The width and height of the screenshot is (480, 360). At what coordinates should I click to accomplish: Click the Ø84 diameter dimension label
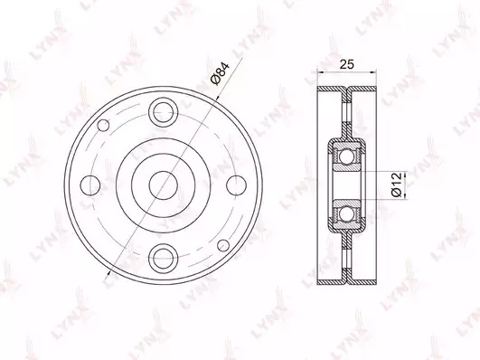pos(220,73)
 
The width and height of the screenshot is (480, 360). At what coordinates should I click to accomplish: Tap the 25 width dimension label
pos(347,64)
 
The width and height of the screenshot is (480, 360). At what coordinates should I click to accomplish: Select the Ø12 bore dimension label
pos(396,185)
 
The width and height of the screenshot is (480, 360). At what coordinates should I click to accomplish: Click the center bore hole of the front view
pos(163,185)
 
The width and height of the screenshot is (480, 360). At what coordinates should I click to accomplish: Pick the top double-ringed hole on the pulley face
pos(163,112)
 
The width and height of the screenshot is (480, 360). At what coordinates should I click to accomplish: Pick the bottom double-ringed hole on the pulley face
pos(163,259)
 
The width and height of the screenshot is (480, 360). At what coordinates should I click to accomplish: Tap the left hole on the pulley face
pos(90,185)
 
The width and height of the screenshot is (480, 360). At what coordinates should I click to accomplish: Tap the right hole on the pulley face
pos(236,185)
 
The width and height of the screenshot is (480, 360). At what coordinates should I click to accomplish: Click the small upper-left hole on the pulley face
pos(103,125)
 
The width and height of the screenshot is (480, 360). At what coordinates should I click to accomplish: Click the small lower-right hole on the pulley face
pos(223,245)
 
